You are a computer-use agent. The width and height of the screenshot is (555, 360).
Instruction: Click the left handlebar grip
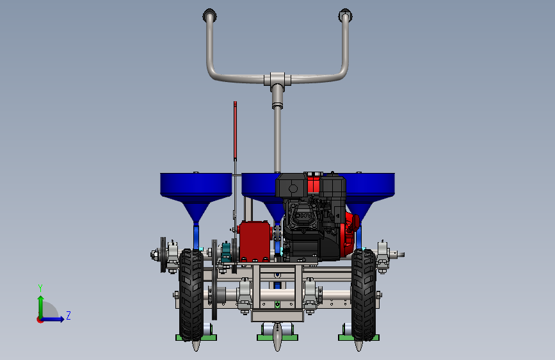[x=209, y=16]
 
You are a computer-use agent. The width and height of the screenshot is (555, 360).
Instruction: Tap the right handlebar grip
[x=346, y=15]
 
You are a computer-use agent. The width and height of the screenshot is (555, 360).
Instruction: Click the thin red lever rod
[x=235, y=129]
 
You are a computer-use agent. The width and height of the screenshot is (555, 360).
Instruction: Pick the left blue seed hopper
[x=196, y=193]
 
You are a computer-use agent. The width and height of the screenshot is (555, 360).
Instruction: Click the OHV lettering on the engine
[x=303, y=215]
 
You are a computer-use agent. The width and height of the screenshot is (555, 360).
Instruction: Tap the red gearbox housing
[x=255, y=241]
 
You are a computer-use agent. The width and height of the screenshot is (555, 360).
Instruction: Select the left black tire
[x=191, y=295]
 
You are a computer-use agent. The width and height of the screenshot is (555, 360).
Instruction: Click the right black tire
[x=364, y=295]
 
